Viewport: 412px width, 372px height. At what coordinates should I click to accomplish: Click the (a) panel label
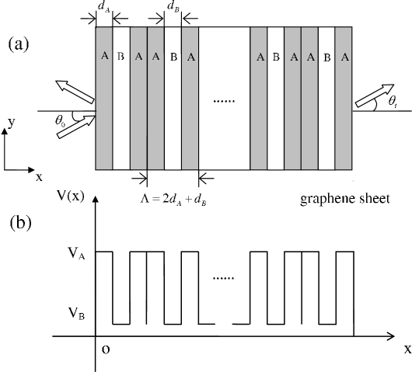coord(19,44)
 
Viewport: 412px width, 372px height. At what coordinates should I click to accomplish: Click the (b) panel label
coord(19,223)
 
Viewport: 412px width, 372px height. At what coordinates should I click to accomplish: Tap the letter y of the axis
coord(12,122)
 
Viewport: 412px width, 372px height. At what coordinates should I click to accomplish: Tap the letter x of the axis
coord(39,178)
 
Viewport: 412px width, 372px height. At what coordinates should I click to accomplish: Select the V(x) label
coord(71,196)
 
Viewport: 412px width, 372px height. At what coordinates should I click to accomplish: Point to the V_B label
coord(76,314)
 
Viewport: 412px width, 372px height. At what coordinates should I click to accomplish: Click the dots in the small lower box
coord(223,278)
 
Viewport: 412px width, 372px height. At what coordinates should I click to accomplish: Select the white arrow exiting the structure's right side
coord(374,95)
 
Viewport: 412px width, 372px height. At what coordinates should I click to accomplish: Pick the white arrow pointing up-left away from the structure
coord(75,92)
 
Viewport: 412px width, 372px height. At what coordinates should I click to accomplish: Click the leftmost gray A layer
coord(104,98)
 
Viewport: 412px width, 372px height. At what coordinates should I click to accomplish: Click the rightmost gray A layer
coord(344,98)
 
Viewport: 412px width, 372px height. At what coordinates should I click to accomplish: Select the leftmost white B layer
coord(121,98)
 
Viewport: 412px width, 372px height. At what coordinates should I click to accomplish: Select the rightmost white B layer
coord(326,98)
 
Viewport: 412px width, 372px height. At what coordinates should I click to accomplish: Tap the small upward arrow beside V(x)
coord(95,203)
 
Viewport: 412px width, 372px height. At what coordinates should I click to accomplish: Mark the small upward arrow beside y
coord(5,134)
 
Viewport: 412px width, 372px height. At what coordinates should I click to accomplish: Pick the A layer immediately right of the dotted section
coord(259,98)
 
